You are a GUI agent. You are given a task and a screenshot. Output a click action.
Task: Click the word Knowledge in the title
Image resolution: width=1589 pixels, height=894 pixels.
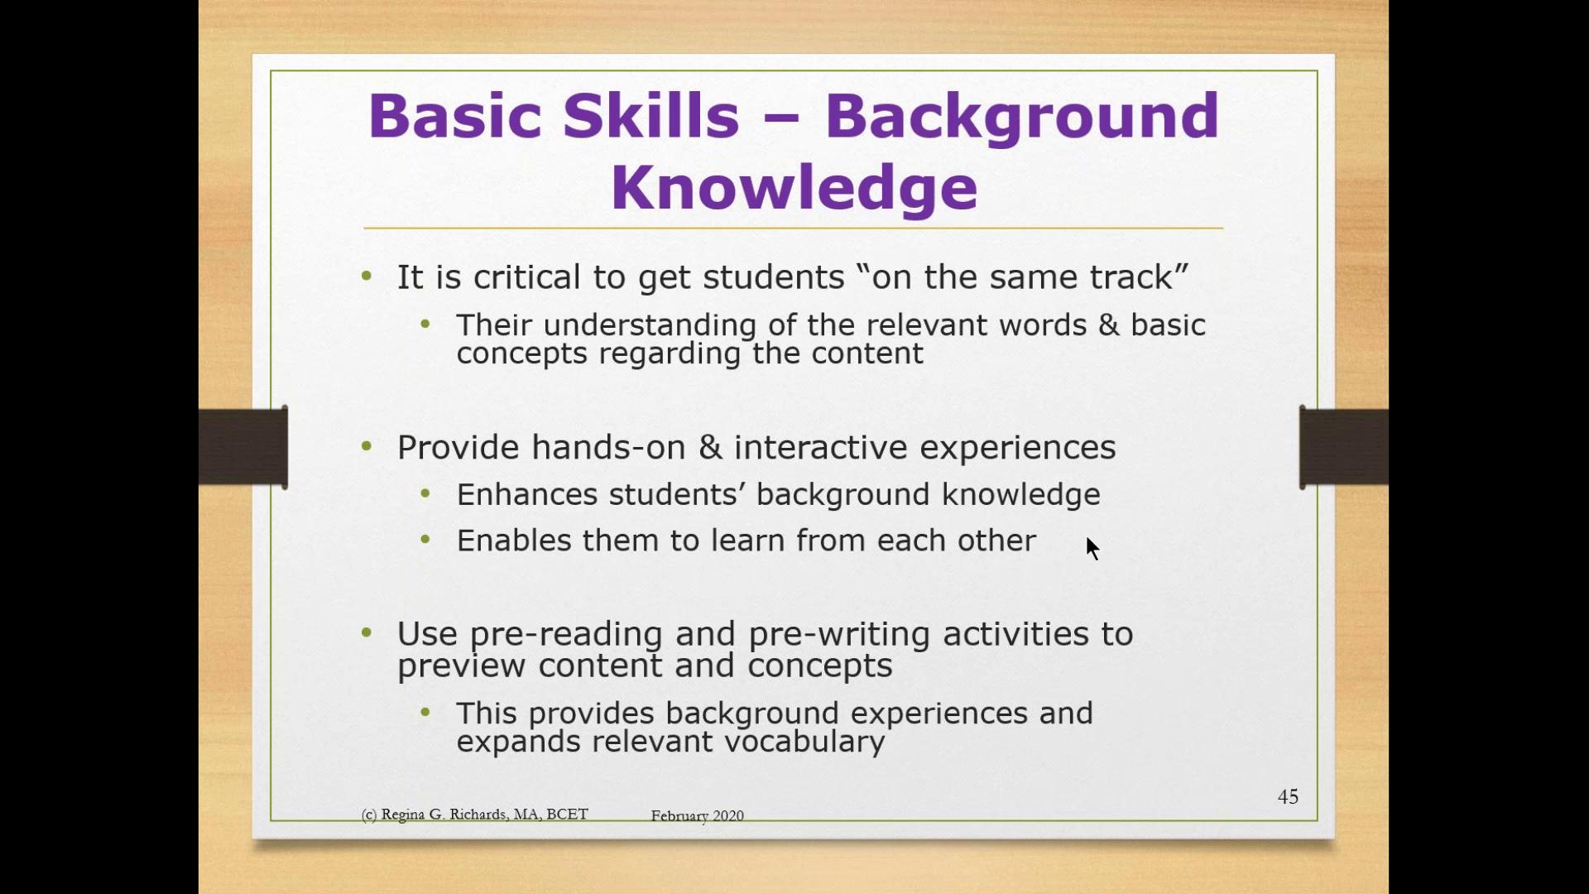pyautogui.click(x=794, y=187)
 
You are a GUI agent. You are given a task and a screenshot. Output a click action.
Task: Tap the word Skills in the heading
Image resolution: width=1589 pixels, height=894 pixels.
pyautogui.click(x=650, y=115)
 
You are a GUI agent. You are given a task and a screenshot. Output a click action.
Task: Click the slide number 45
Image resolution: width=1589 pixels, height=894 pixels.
pyautogui.click(x=1288, y=796)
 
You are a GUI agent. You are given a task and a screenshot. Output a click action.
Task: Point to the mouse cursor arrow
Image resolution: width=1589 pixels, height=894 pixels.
pyautogui.click(x=1092, y=548)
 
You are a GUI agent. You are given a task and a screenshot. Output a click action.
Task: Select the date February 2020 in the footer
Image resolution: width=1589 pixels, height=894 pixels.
pyautogui.click(x=697, y=815)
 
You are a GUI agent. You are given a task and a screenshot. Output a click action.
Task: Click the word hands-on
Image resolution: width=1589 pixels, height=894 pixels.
pyautogui.click(x=608, y=447)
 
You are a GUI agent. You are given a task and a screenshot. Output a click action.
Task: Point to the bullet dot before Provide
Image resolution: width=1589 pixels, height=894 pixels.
pyautogui.click(x=367, y=447)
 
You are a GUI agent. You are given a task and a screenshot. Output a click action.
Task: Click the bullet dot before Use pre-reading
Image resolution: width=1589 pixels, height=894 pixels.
pyautogui.click(x=367, y=633)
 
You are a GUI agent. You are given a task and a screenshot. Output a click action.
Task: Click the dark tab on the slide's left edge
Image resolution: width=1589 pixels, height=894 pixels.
pyautogui.click(x=243, y=447)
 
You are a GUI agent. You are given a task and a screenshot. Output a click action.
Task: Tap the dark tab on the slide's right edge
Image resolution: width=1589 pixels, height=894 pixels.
pyautogui.click(x=1344, y=447)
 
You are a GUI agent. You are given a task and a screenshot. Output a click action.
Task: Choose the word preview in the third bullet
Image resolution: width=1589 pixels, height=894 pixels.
pyautogui.click(x=461, y=666)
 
